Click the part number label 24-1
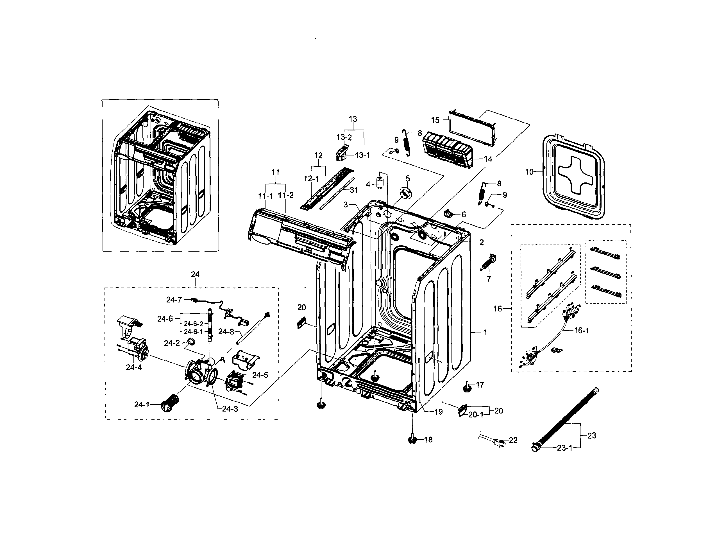(x=142, y=405)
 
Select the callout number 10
(x=529, y=172)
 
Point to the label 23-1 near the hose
(x=565, y=448)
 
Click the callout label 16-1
(x=581, y=331)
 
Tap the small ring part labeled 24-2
(x=192, y=341)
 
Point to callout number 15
(x=435, y=120)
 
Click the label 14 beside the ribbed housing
(x=488, y=159)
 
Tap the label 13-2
(x=344, y=137)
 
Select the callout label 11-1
(x=266, y=196)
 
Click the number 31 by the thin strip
(x=354, y=190)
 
